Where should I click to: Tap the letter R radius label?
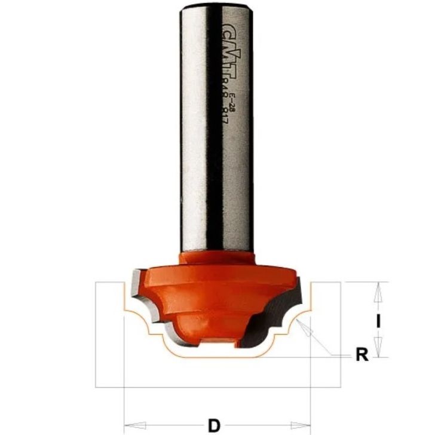pyautogui.click(x=361, y=356)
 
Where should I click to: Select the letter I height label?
pyautogui.click(x=377, y=321)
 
